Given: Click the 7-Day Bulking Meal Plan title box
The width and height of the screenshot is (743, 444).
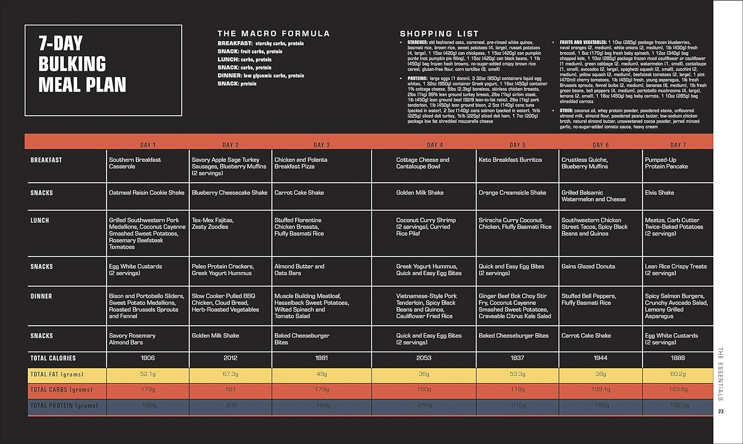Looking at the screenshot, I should click(103, 70).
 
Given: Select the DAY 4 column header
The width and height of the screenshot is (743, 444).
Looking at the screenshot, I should click(435, 145).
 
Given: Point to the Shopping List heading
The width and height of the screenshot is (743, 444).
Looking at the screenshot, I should click(439, 34).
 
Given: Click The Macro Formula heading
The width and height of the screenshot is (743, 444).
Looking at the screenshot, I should click(273, 34).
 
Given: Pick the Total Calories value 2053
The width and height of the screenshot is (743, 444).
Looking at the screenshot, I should click(424, 358).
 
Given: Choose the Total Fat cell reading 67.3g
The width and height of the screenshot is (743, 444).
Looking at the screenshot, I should click(230, 374).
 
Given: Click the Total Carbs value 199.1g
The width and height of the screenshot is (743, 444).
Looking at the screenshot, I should click(600, 390).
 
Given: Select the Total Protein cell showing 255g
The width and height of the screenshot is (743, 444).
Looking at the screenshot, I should click(425, 405).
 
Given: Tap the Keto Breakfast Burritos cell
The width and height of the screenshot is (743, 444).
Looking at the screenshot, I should click(510, 160).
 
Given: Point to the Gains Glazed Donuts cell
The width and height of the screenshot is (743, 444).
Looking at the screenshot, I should click(588, 266).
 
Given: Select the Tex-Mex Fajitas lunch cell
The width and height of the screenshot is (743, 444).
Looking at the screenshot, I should click(212, 223).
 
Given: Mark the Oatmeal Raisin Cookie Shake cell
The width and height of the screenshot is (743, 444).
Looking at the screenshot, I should click(147, 193).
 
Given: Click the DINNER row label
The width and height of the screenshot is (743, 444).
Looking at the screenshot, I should click(41, 296).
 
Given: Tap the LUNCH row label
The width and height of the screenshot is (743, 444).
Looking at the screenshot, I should click(40, 220).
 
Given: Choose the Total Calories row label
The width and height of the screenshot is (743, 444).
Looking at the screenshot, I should click(53, 358).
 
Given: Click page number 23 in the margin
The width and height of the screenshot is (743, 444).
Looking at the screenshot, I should click(721, 411).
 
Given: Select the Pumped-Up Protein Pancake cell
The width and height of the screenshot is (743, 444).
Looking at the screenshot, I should click(666, 163).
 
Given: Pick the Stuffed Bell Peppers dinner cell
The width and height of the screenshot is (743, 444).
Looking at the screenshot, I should click(588, 299).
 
